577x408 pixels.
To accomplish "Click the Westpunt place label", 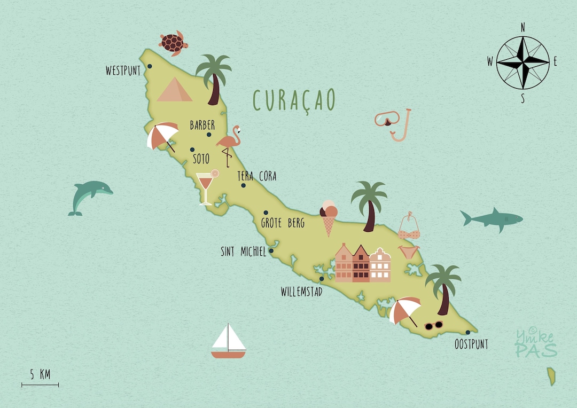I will pyautogui.click(x=123, y=70).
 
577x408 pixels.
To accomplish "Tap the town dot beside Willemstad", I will pyautogui.click(x=322, y=279).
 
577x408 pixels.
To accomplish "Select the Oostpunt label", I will pyautogui.click(x=471, y=344).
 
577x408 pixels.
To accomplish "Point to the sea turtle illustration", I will pyautogui.click(x=173, y=43).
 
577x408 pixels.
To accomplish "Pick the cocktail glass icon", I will pyautogui.click(x=206, y=187).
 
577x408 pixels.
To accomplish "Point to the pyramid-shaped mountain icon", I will pyautogui.click(x=175, y=90).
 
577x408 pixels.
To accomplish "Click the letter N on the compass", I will pyautogui.click(x=523, y=27).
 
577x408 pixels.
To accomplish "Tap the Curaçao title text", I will pyautogui.click(x=294, y=100).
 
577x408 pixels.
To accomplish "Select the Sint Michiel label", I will pyautogui.click(x=243, y=252).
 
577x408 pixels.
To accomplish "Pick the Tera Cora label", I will pyautogui.click(x=257, y=176).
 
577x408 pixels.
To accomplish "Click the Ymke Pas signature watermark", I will pyautogui.click(x=536, y=343).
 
